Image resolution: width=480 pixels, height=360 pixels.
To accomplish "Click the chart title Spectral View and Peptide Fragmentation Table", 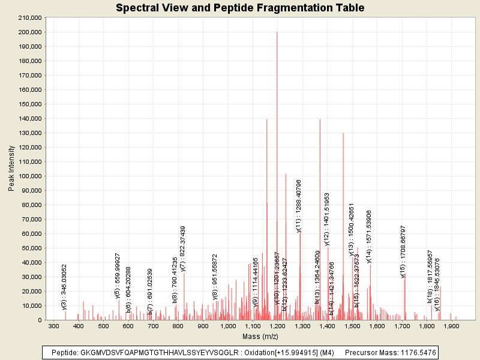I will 240,8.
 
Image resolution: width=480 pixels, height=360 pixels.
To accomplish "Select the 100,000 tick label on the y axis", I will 29,176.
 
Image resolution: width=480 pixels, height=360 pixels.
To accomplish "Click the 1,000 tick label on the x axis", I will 227,326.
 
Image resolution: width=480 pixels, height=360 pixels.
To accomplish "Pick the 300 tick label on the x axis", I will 53,326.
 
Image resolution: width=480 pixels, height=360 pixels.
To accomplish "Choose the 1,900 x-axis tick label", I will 452,326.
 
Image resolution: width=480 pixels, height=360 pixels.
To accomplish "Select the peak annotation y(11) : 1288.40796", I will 299,206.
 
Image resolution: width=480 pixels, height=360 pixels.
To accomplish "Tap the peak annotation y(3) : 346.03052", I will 64,287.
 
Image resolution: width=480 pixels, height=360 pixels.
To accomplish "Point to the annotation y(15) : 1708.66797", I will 404,252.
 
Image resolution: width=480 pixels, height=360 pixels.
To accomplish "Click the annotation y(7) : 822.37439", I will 183,252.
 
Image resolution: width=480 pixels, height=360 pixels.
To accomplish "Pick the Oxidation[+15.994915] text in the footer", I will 275,352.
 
